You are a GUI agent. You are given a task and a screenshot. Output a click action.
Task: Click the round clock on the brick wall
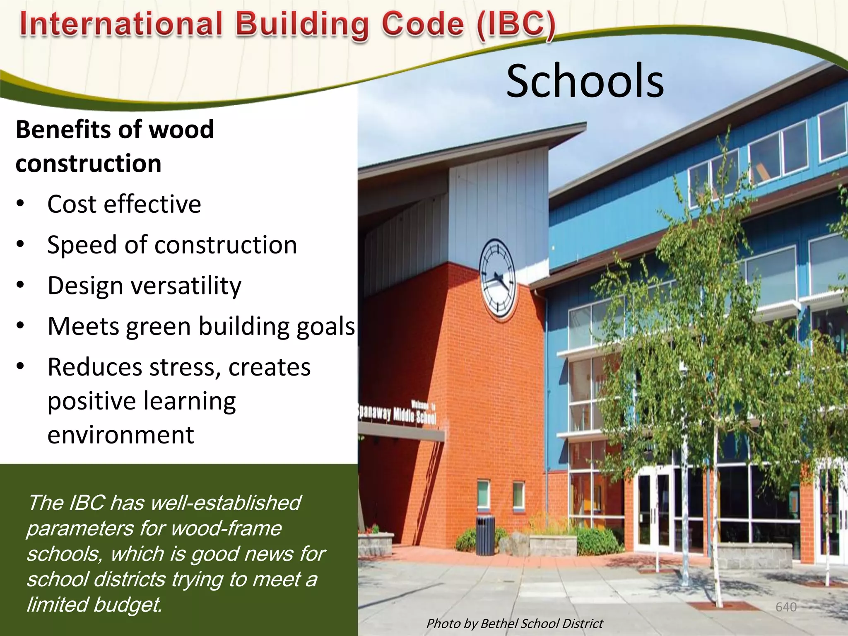tap(497, 278)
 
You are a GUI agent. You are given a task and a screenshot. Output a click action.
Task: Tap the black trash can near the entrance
tap(485, 535)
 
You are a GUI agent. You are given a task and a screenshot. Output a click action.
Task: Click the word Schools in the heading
tap(585, 81)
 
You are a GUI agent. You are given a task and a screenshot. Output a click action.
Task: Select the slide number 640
tap(786, 607)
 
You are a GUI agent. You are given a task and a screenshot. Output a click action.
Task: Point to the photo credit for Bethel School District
tap(515, 624)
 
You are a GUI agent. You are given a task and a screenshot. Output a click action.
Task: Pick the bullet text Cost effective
tap(124, 204)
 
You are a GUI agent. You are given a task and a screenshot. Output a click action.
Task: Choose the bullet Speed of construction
tap(172, 245)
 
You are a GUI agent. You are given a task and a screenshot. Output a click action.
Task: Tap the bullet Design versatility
tap(144, 286)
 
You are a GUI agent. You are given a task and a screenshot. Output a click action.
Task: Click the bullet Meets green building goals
tap(201, 326)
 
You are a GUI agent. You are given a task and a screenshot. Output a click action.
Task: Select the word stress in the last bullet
tap(184, 367)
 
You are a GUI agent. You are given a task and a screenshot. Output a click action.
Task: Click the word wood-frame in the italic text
tap(226, 528)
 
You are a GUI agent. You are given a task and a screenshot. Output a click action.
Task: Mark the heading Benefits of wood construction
tap(115, 146)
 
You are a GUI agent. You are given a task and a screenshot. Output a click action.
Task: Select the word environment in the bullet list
tap(120, 435)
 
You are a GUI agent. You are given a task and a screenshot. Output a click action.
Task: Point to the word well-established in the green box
tap(226, 503)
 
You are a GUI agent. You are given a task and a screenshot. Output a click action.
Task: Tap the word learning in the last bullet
tap(190, 401)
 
